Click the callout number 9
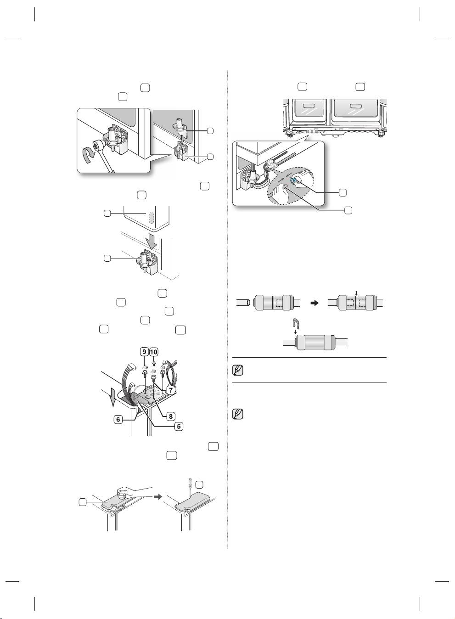[144, 352]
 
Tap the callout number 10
[153, 352]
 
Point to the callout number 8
[170, 416]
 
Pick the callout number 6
[118, 420]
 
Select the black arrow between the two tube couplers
[314, 303]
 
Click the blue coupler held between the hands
[292, 180]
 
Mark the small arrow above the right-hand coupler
[356, 293]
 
